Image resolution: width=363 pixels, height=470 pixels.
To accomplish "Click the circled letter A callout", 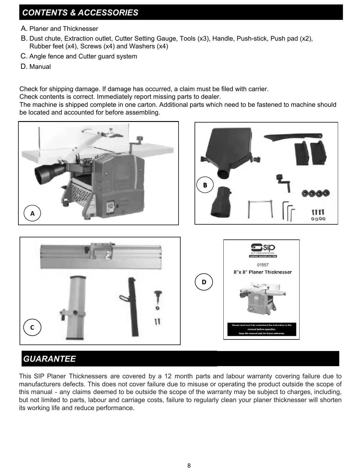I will [32, 213].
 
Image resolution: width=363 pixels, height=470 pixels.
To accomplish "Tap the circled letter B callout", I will [205, 185].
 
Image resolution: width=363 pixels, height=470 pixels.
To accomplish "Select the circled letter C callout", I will [32, 327].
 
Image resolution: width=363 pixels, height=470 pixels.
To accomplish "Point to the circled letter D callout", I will [204, 282].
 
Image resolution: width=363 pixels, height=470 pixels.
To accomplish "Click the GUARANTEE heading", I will [50, 359].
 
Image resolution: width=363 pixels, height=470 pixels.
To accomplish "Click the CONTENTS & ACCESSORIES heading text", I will [80, 12].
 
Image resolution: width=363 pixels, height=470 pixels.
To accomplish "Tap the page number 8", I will [189, 465].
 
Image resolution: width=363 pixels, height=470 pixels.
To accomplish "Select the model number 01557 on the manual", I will [262, 265].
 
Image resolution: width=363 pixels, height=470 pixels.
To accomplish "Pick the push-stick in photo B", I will [292, 137].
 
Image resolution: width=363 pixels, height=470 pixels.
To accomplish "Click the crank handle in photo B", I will [283, 182].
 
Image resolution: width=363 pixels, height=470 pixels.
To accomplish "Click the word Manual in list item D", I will [40, 67].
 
